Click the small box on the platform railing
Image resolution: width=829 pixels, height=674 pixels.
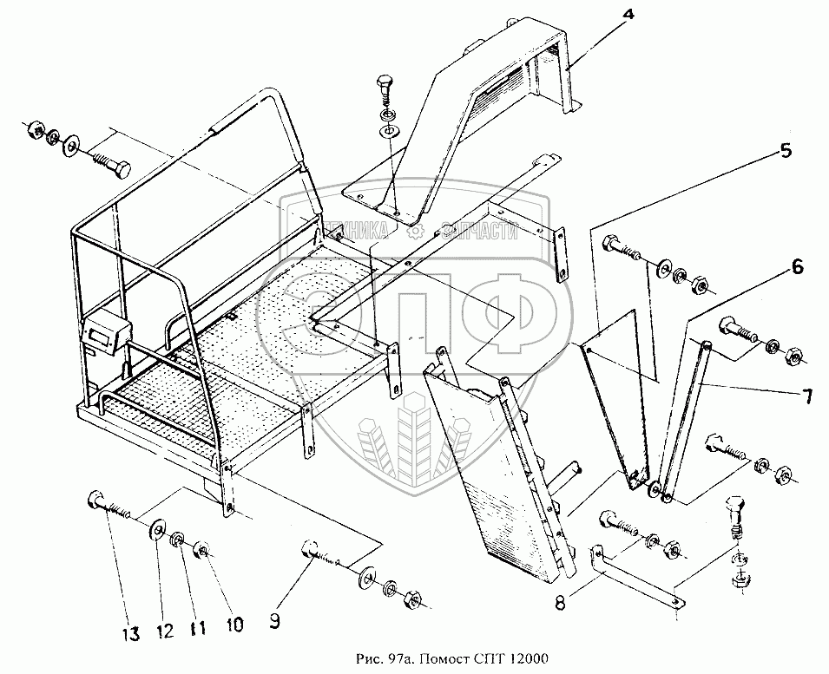click(105, 330)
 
